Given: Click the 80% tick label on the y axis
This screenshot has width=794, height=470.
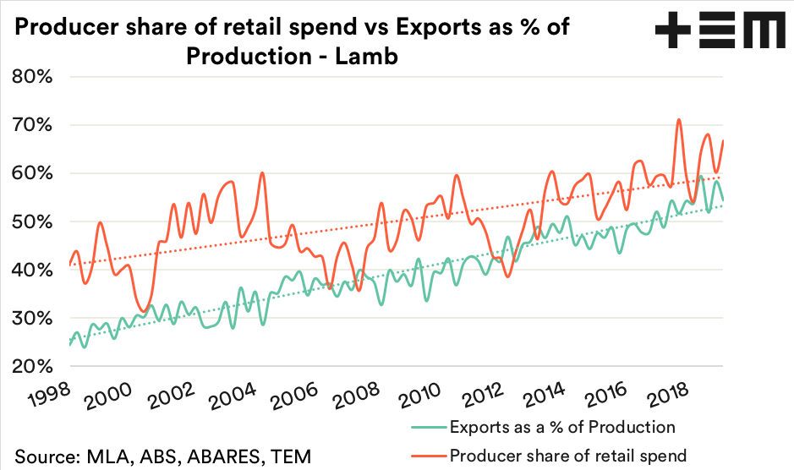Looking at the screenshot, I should (x=33, y=77).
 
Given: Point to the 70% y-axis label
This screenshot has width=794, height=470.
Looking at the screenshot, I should (x=33, y=125).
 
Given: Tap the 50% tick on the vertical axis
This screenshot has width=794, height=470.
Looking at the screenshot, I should (x=33, y=221).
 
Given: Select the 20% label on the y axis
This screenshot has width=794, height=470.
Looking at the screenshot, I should (x=33, y=367).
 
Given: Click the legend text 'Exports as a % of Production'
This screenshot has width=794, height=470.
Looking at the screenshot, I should (x=562, y=427).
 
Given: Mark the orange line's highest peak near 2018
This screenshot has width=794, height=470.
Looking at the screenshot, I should (x=678, y=120).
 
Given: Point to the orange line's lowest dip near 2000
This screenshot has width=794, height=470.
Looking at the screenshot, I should (x=144, y=310).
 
